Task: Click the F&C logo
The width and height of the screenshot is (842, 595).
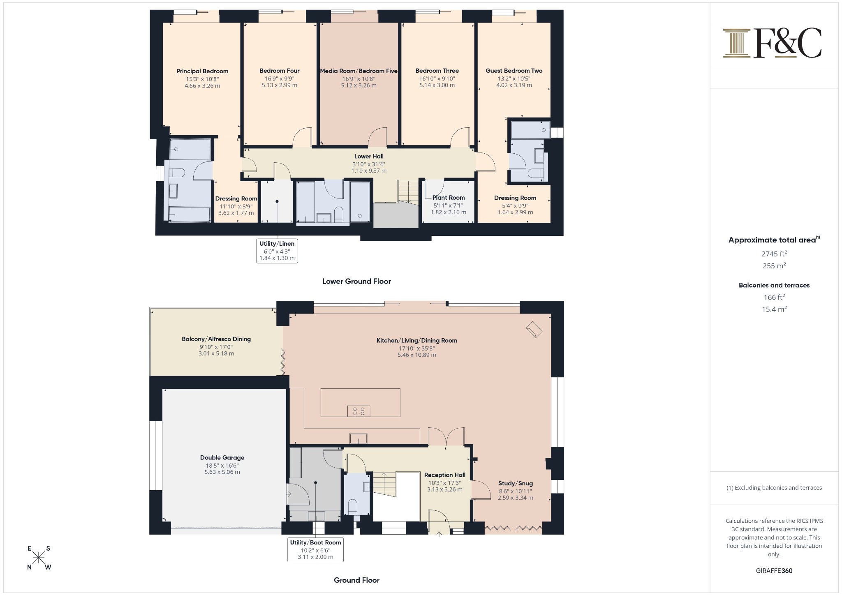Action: point(772,43)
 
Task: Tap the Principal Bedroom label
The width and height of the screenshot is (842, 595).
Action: point(202,71)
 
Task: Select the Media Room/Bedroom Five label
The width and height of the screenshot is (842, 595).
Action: point(359,71)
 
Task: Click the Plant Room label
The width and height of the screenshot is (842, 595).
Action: point(448,198)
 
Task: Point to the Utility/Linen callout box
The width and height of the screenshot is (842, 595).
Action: point(277,251)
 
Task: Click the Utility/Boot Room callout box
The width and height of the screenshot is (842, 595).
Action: point(315,549)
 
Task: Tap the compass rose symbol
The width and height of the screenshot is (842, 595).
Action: point(39,558)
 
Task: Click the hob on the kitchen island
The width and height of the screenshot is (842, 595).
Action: point(359,411)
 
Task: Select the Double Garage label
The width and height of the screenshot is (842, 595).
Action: point(222,457)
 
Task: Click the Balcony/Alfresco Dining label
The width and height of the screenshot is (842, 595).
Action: point(216,339)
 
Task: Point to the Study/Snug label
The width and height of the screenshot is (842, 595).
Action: point(515,483)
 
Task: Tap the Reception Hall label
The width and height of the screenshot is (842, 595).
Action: point(444,475)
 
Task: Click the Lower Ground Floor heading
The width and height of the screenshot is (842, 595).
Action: point(356,281)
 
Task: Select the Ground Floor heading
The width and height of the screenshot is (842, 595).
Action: point(356,580)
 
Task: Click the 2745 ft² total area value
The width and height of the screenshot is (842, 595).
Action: point(774,254)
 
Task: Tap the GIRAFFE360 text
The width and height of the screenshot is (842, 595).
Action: point(774,571)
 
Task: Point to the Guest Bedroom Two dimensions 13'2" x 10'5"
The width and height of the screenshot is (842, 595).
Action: point(514,78)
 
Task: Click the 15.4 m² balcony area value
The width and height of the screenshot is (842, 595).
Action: point(774,309)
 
